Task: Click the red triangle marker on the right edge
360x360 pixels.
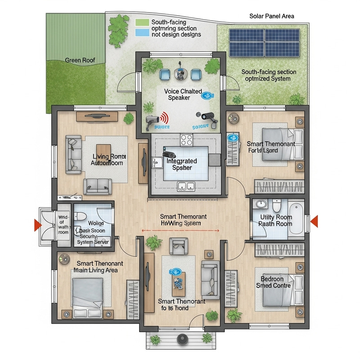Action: pos(315,220)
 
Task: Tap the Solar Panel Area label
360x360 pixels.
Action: pos(271,16)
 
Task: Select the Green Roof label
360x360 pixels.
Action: pos(79,60)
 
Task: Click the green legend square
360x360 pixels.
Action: pos(142,22)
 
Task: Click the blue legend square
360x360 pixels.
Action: pos(142,32)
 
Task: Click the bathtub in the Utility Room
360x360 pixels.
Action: pos(295,219)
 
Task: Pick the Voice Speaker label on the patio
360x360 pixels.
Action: pos(180,94)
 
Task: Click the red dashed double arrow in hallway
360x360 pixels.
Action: pos(180,230)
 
